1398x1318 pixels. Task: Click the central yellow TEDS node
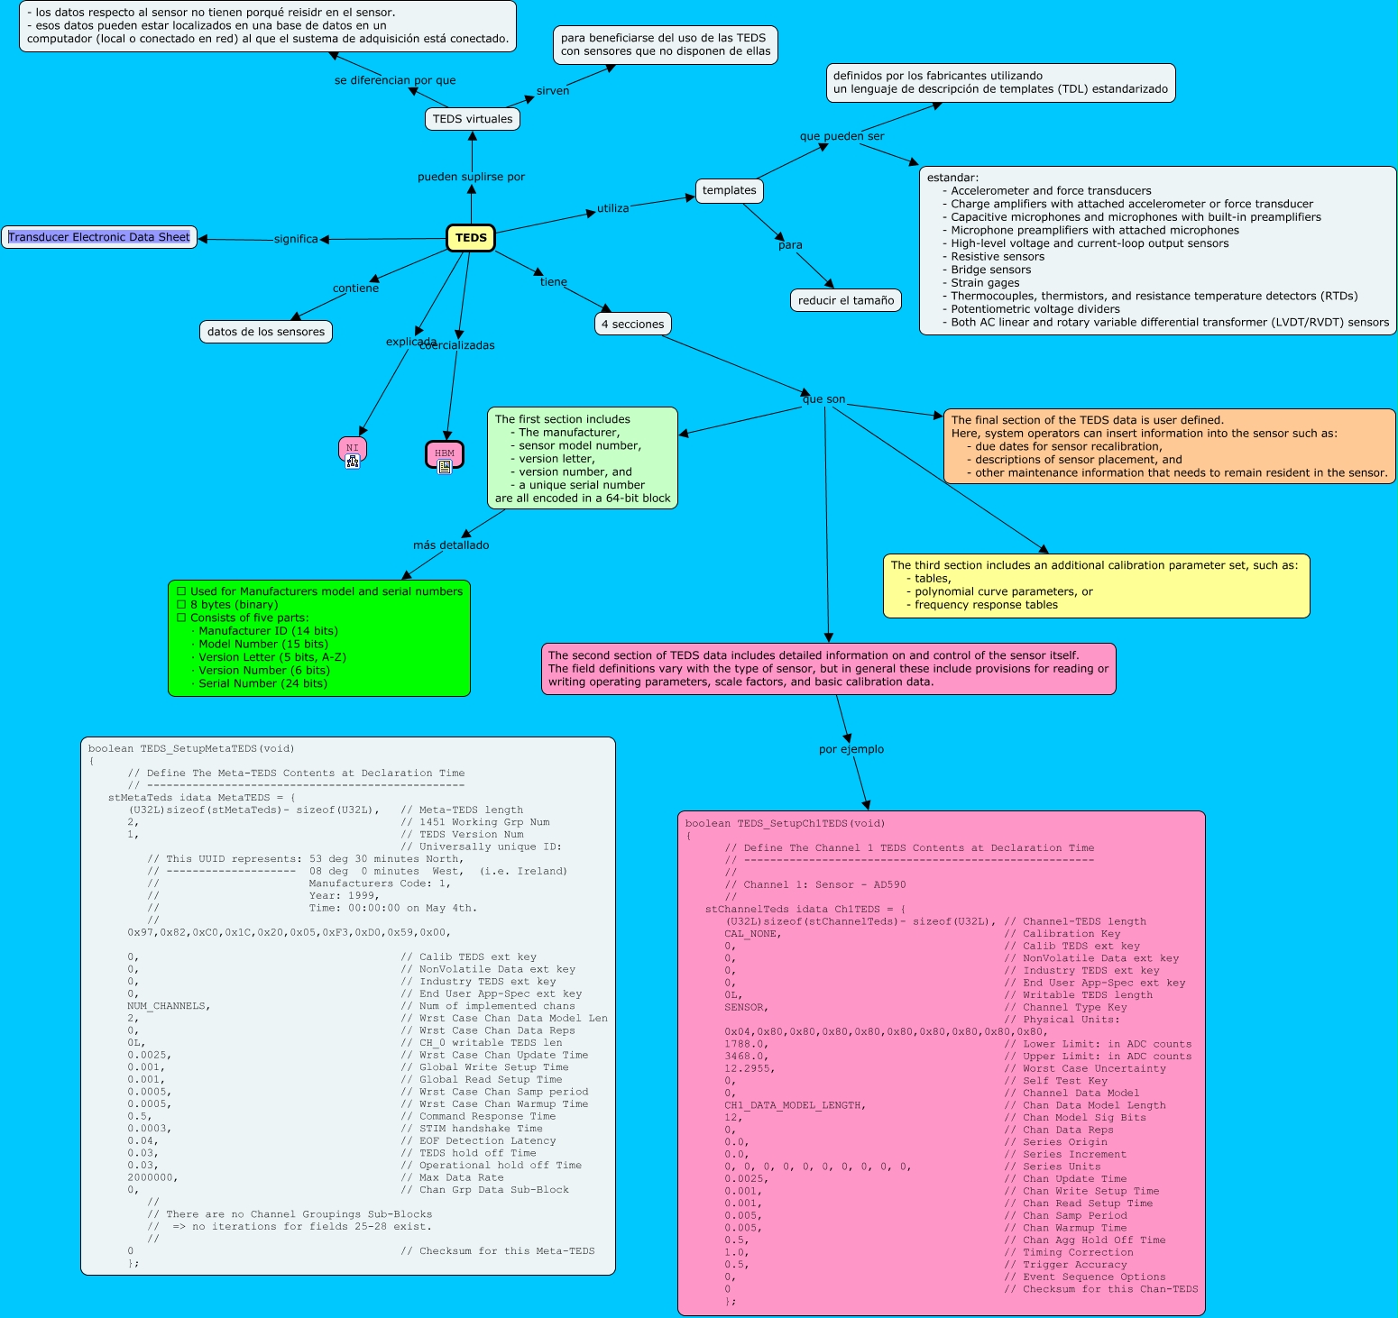point(471,238)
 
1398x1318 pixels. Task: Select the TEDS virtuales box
point(472,119)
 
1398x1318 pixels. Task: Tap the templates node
point(729,190)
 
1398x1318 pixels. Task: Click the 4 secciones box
point(632,324)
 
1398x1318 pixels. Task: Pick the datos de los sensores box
point(266,332)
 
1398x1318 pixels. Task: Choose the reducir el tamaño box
point(845,300)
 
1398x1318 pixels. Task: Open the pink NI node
point(352,448)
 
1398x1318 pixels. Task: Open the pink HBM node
point(444,453)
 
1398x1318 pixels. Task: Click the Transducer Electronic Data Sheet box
point(99,237)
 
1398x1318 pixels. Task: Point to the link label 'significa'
point(296,239)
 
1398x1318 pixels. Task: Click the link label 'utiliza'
point(612,208)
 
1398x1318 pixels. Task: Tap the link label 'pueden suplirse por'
point(471,177)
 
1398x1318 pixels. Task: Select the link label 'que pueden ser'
point(842,136)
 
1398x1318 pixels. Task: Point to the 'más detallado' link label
point(451,545)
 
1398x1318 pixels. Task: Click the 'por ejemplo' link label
point(851,749)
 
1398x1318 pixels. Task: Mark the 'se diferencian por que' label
point(395,80)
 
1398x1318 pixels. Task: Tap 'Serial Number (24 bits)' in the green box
point(262,683)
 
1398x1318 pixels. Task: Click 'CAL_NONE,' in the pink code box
point(752,934)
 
